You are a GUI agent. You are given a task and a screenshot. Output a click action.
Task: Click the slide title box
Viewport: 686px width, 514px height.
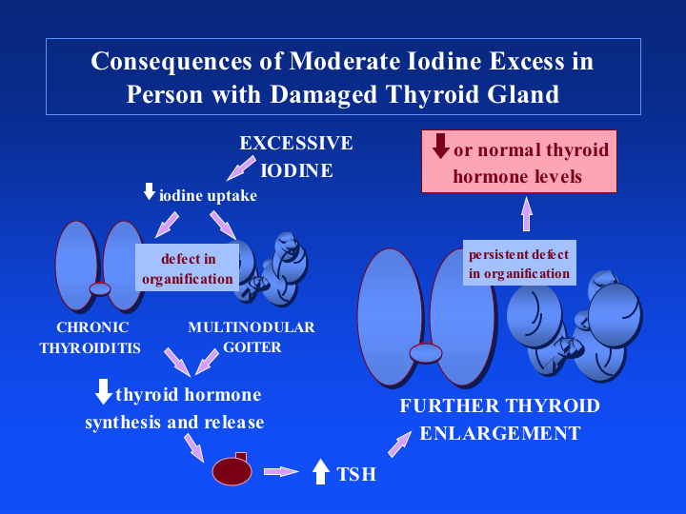tap(343, 77)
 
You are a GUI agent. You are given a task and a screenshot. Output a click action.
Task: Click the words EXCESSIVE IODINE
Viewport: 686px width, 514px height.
tap(296, 157)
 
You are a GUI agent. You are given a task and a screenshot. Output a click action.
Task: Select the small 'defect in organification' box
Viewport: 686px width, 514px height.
tap(187, 268)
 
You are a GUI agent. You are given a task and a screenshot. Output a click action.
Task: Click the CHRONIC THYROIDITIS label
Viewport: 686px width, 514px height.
tap(90, 338)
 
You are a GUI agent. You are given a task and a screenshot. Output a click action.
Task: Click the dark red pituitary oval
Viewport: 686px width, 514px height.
tap(231, 471)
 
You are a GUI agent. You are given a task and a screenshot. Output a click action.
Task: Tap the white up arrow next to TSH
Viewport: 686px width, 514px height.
tap(321, 471)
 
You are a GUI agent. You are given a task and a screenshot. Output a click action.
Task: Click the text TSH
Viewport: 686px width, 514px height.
tap(356, 473)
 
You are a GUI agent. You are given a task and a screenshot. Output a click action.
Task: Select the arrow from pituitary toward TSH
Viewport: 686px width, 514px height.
tap(281, 471)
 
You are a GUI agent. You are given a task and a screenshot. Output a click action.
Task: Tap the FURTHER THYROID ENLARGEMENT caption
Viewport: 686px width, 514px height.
tap(500, 419)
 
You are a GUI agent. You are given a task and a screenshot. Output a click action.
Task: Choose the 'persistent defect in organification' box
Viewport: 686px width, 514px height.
tap(519, 264)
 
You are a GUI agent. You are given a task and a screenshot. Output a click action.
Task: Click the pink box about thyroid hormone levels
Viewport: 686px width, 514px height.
tap(518, 163)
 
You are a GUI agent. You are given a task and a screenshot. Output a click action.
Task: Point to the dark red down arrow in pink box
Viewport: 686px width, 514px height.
tap(440, 147)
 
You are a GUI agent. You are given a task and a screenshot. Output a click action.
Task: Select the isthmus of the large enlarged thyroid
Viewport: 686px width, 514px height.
tap(426, 354)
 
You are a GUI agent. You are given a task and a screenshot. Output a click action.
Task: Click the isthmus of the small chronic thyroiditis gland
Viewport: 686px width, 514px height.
tap(100, 288)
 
